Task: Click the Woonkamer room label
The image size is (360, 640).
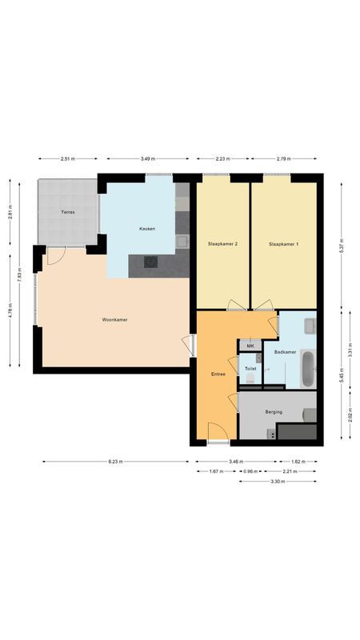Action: pyautogui.click(x=115, y=320)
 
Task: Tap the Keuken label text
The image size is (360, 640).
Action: pyautogui.click(x=146, y=229)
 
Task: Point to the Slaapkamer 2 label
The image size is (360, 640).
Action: pyautogui.click(x=222, y=243)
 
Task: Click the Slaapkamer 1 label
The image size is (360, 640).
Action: pyautogui.click(x=284, y=243)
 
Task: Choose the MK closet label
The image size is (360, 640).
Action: pyautogui.click(x=250, y=346)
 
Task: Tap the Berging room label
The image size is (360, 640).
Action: pyautogui.click(x=274, y=412)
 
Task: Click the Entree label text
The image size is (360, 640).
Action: pyautogui.click(x=218, y=374)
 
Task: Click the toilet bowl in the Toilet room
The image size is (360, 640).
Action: pyautogui.click(x=250, y=379)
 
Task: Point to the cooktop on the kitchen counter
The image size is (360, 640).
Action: pyautogui.click(x=151, y=261)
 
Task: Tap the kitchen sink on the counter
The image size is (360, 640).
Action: pyautogui.click(x=182, y=239)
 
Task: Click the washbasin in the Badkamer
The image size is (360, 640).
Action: pyautogui.click(x=310, y=326)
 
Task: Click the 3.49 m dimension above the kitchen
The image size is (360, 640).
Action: pyautogui.click(x=147, y=159)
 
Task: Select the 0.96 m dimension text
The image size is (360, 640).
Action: pyautogui.click(x=250, y=471)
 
